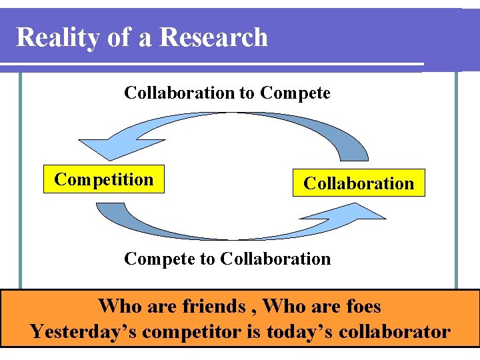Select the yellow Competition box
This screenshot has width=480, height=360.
click(x=103, y=179)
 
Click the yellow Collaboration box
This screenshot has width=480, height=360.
click(x=359, y=183)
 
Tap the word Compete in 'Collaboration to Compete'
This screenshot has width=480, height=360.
click(x=295, y=93)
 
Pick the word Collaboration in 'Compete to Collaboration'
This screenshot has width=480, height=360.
click(x=275, y=258)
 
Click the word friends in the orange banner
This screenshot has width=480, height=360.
click(x=212, y=306)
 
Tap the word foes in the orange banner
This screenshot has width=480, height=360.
click(x=364, y=306)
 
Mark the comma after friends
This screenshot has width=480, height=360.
click(x=253, y=312)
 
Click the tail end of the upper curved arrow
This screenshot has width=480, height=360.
click(x=353, y=155)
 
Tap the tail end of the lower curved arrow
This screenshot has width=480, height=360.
click(x=107, y=209)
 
